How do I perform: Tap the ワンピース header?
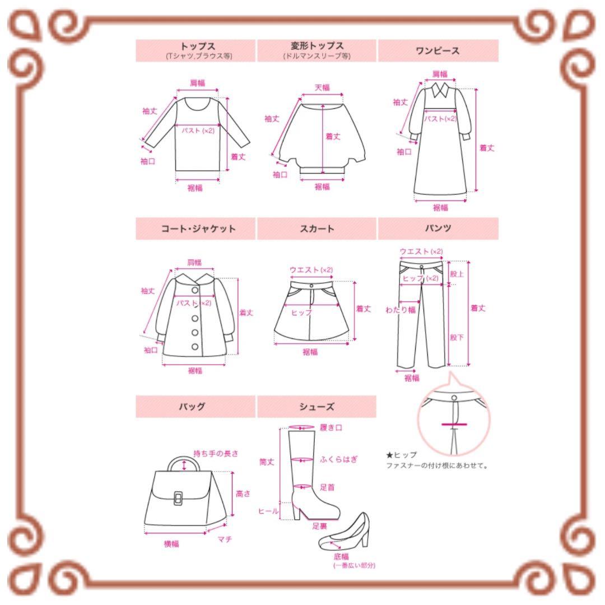click(x=438, y=50)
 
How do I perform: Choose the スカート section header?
click(x=317, y=229)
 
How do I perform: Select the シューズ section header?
click(x=317, y=406)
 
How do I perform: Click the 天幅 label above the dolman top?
click(x=322, y=87)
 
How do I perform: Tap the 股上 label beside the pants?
click(x=457, y=274)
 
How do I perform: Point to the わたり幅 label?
click(x=401, y=310)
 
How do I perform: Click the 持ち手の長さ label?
click(x=216, y=453)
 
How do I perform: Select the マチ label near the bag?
click(x=225, y=539)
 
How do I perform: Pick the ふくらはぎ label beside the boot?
click(x=338, y=459)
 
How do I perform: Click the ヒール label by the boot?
click(x=268, y=511)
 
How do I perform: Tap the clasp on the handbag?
click(x=178, y=498)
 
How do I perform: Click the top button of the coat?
click(x=195, y=290)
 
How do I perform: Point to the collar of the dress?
click(x=440, y=90)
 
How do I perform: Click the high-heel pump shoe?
click(x=344, y=531)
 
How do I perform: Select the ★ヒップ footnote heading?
click(x=401, y=455)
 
